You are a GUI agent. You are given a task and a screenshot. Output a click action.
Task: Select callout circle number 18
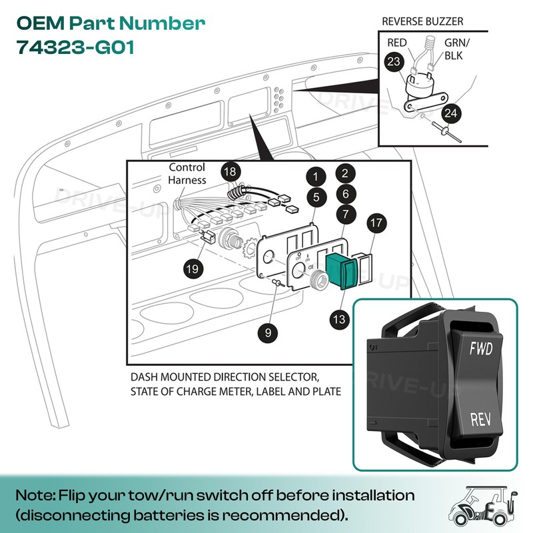[229, 172]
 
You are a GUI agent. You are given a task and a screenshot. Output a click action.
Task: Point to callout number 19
[193, 268]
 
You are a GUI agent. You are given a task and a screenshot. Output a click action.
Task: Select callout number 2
[343, 173]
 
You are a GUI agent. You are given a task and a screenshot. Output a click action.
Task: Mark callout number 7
[344, 215]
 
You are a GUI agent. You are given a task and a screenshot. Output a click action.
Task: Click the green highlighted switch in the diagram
[341, 271]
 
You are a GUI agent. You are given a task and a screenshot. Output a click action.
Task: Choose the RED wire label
[397, 43]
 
